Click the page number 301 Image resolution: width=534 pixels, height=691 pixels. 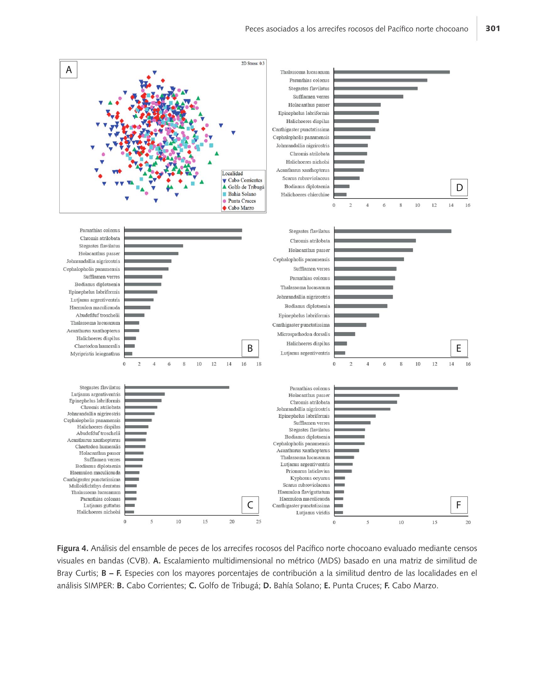pyautogui.click(x=493, y=29)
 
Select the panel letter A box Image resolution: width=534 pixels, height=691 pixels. pyautogui.click(x=69, y=70)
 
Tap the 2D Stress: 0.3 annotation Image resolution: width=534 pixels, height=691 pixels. pyautogui.click(x=253, y=63)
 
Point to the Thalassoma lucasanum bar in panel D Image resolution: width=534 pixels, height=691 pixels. pyautogui.click(x=392, y=72)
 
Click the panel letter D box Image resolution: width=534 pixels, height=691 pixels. pyautogui.click(x=459, y=188)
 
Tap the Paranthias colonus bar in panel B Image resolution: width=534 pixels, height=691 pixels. pyautogui.click(x=183, y=230)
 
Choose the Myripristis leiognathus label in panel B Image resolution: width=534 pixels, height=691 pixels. pyautogui.click(x=95, y=354)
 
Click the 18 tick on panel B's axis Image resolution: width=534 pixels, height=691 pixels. pyautogui.click(x=259, y=364)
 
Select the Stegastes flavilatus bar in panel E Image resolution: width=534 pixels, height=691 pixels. pyautogui.click(x=393, y=231)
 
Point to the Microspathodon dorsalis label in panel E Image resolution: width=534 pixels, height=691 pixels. pyautogui.click(x=303, y=334)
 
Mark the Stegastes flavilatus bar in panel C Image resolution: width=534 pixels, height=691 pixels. pyautogui.click(x=177, y=387)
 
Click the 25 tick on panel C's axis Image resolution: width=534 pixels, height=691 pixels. pyautogui.click(x=259, y=522)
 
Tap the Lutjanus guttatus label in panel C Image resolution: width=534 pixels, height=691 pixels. pyautogui.click(x=102, y=505)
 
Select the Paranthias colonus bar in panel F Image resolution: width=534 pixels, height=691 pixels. pyautogui.click(x=396, y=389)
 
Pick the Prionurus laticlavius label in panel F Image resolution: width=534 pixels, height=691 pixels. pyautogui.click(x=308, y=471)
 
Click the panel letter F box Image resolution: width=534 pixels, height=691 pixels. pyautogui.click(x=459, y=505)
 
